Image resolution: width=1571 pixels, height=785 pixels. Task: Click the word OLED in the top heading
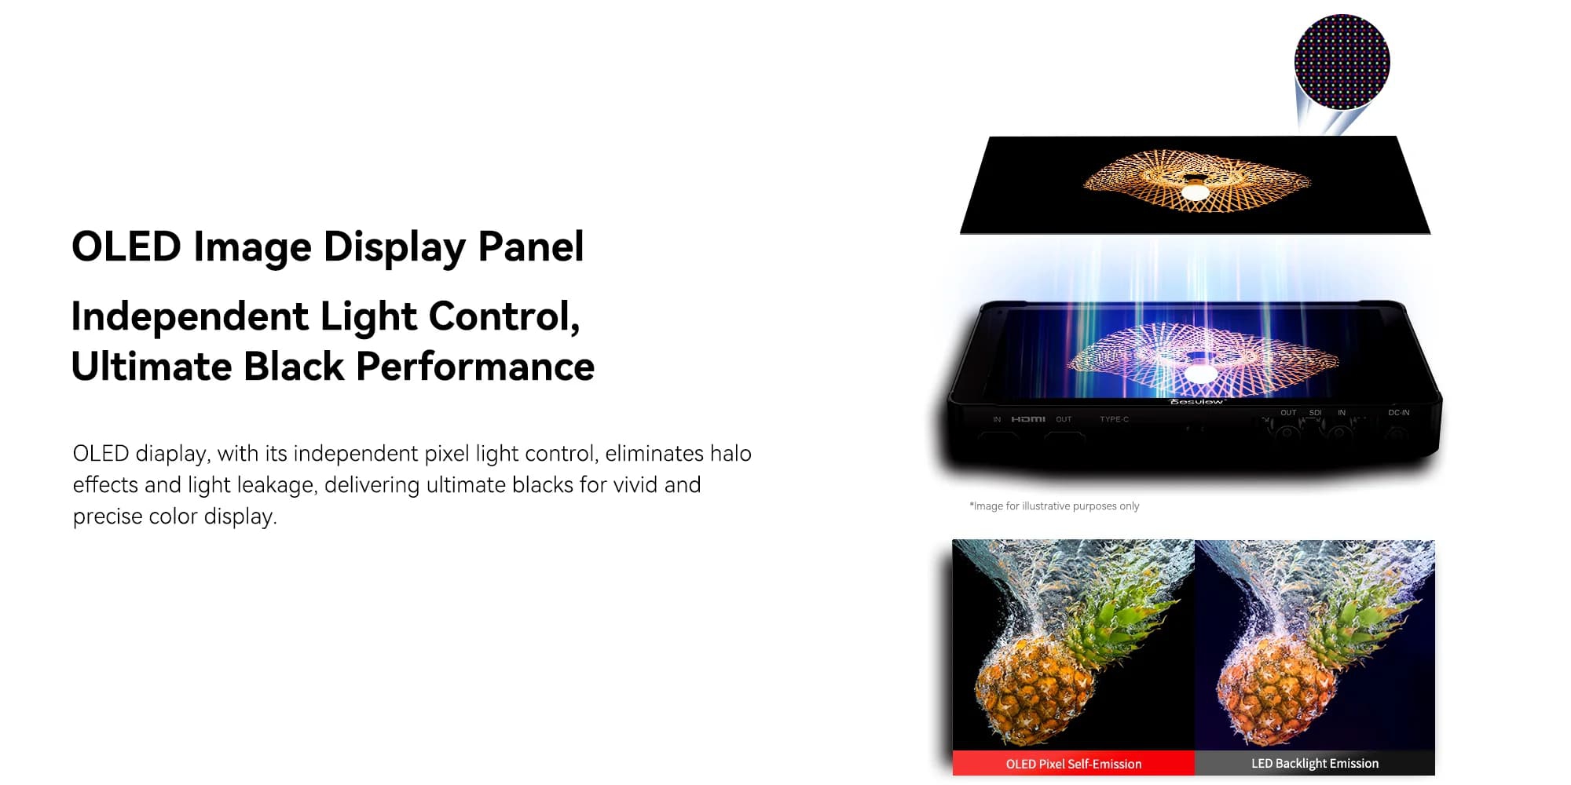[x=126, y=246]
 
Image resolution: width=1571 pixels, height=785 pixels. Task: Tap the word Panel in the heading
[x=531, y=246]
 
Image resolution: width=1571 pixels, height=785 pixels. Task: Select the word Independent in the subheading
[x=189, y=317]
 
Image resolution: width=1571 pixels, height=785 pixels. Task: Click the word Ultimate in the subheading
[x=152, y=367]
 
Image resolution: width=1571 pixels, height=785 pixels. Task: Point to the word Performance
[x=475, y=367]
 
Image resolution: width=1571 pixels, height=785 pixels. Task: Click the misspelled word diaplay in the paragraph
[x=173, y=455]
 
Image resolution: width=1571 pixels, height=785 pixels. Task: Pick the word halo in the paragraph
[x=731, y=454]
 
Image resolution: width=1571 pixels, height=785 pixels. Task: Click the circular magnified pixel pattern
[x=1342, y=62]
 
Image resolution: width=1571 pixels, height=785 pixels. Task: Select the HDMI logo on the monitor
[x=1027, y=419]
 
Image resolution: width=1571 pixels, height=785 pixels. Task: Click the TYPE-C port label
[x=1114, y=419]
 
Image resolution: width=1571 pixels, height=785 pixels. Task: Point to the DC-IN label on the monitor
[x=1398, y=412]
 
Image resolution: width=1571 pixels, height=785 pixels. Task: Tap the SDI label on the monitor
[x=1315, y=412]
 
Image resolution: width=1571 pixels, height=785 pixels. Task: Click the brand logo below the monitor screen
[x=1196, y=402]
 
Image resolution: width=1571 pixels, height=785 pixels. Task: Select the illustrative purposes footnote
[x=1054, y=506]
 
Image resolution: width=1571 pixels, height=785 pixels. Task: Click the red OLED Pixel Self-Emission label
[x=1074, y=764]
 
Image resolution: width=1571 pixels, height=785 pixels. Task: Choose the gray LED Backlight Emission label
[x=1315, y=764]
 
